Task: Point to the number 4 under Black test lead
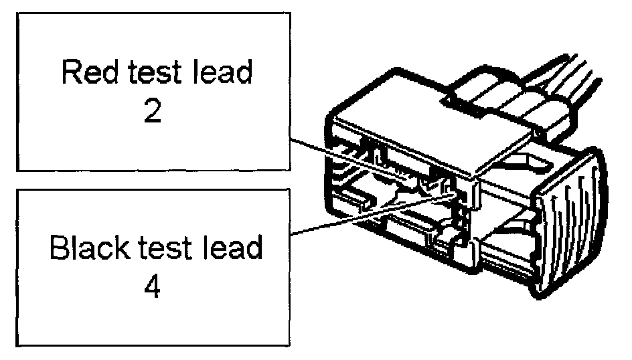pos(152,288)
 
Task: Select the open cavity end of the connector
pos(375,194)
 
